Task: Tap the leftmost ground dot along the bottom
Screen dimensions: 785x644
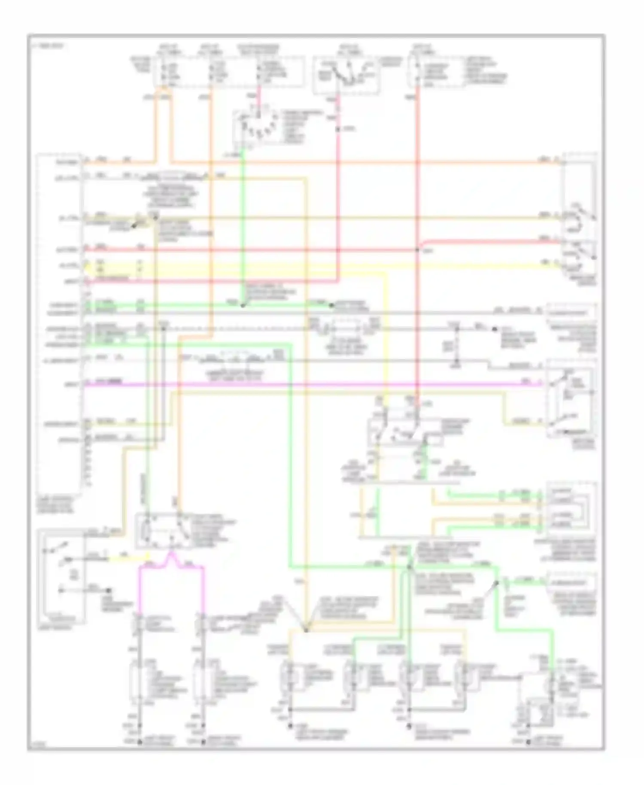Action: [x=140, y=742]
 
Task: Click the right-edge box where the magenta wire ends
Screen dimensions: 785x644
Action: [x=571, y=399]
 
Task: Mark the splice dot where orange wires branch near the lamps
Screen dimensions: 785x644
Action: [x=306, y=630]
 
